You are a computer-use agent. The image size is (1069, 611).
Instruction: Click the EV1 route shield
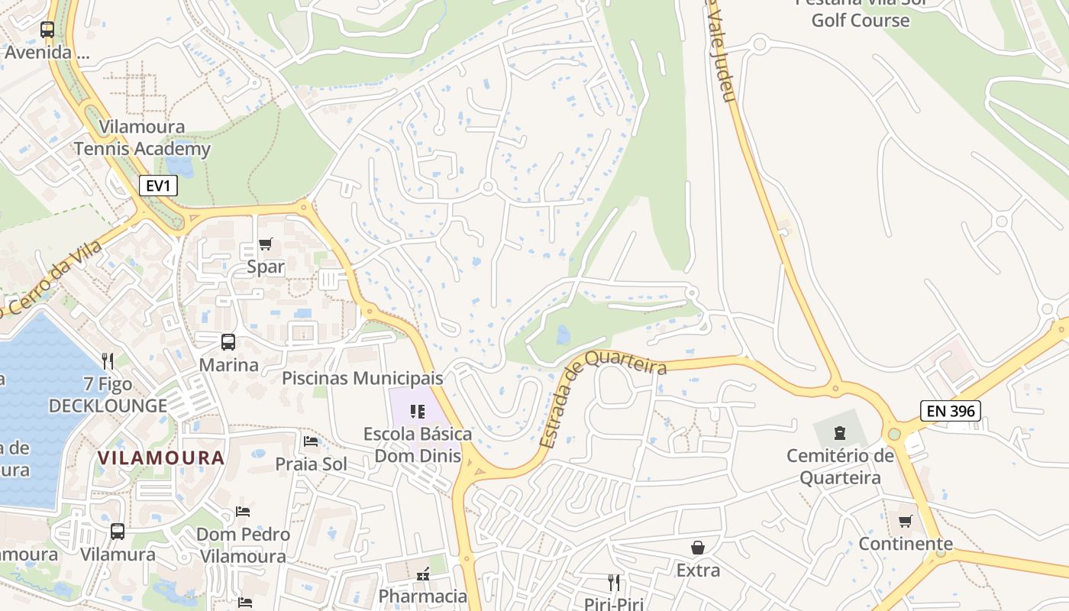(x=159, y=186)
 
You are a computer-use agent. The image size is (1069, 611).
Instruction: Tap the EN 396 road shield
(x=950, y=411)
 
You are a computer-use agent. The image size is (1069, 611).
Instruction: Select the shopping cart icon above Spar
(x=265, y=244)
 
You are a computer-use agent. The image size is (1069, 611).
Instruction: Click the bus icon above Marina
(x=228, y=342)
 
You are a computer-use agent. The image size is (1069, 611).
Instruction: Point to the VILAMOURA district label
(x=161, y=457)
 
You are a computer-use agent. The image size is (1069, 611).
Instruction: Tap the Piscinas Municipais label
(x=363, y=378)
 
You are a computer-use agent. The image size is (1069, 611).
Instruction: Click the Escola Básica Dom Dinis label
(x=418, y=445)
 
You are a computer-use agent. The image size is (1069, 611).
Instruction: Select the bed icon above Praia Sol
(x=311, y=441)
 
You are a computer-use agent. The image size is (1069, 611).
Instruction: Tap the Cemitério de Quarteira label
(x=840, y=467)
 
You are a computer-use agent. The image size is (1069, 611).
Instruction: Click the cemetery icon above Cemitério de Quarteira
(x=840, y=434)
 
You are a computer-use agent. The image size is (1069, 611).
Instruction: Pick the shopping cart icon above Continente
(x=906, y=522)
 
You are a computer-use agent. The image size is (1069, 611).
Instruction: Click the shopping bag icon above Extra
(x=698, y=548)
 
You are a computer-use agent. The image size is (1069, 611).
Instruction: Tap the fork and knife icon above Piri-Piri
(x=614, y=583)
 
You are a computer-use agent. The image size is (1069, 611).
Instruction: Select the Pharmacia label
(x=423, y=596)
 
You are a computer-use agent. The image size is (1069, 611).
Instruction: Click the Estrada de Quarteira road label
(x=603, y=402)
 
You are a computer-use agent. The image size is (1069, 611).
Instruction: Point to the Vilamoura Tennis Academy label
(x=142, y=137)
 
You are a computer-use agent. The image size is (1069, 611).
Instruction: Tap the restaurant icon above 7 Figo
(x=108, y=360)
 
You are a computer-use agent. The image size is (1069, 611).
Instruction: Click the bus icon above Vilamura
(x=118, y=532)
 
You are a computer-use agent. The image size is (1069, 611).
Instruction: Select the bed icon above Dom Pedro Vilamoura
(x=243, y=512)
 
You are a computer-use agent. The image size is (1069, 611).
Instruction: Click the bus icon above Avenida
(x=47, y=30)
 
